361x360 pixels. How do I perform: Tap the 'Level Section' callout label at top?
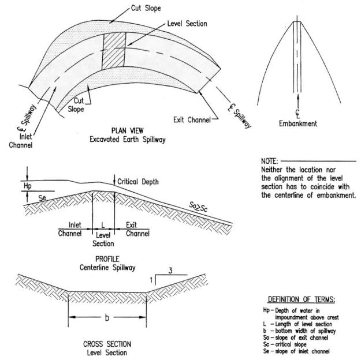point(187,24)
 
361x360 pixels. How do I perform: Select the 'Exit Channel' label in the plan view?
point(192,120)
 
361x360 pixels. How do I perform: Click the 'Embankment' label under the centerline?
point(298,123)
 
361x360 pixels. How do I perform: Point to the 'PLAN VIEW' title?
point(127,130)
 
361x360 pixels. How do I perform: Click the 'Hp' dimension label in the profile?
point(28,186)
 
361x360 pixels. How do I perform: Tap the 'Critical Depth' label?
point(138,182)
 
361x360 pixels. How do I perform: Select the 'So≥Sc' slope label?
point(198,207)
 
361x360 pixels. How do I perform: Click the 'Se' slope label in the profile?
point(42,197)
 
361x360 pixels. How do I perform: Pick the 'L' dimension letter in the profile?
point(103,225)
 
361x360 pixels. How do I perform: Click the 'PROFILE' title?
point(107,259)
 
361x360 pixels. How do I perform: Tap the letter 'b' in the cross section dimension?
point(107,317)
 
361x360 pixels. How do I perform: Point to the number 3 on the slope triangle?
point(170,271)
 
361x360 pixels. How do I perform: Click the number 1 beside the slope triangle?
point(151,280)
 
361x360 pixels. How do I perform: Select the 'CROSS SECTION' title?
point(107,344)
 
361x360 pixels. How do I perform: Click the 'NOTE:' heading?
point(270,161)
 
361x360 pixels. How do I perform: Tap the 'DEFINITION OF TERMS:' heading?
point(302,299)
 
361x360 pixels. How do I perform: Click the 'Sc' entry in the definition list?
point(266,344)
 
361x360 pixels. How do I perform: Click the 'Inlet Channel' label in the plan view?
point(21,141)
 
